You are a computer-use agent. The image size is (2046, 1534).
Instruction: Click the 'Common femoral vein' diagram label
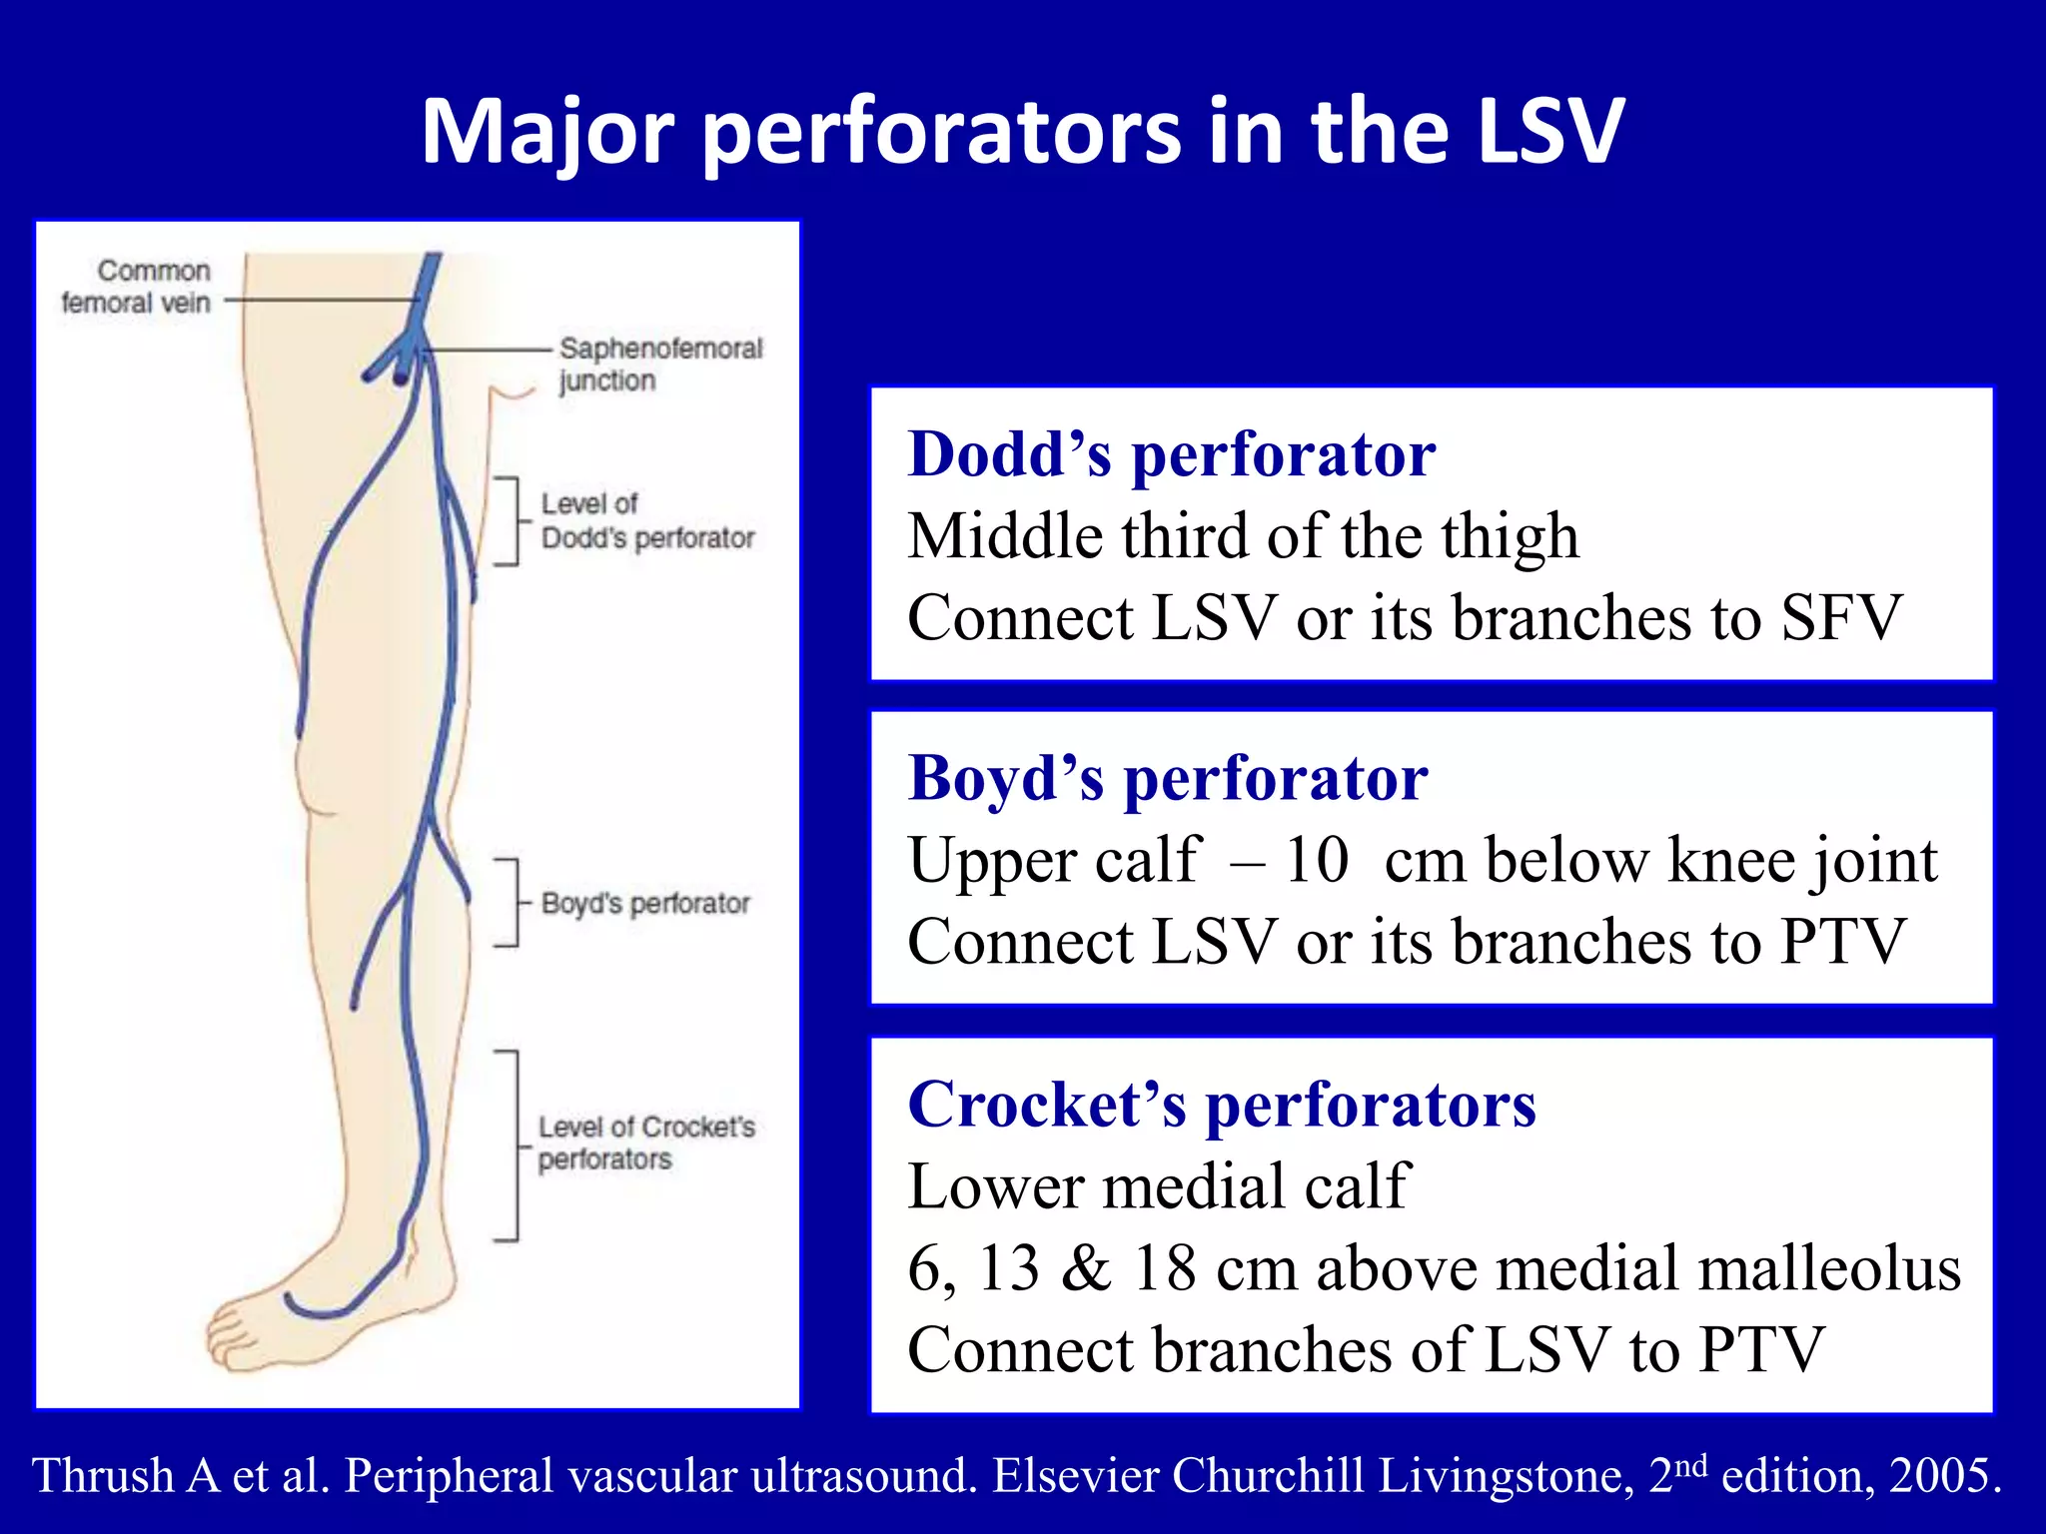pos(137,287)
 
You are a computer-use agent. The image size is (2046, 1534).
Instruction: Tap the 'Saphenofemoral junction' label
pos(659,364)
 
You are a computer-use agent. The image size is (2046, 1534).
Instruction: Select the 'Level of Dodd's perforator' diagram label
pos(645,520)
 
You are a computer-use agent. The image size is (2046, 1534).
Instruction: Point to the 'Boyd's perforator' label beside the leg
pos(645,903)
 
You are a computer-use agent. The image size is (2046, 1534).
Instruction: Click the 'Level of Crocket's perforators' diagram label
pos(645,1143)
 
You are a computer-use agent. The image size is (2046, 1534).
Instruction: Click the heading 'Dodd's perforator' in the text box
pos(1171,454)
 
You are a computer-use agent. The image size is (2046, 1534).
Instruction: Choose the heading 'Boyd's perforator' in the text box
pos(1167,778)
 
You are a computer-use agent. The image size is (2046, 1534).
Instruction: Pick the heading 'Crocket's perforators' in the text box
pos(1221,1105)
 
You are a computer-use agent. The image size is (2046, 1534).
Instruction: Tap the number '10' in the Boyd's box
pos(1316,860)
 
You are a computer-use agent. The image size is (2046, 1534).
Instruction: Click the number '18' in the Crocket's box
pos(1165,1268)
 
